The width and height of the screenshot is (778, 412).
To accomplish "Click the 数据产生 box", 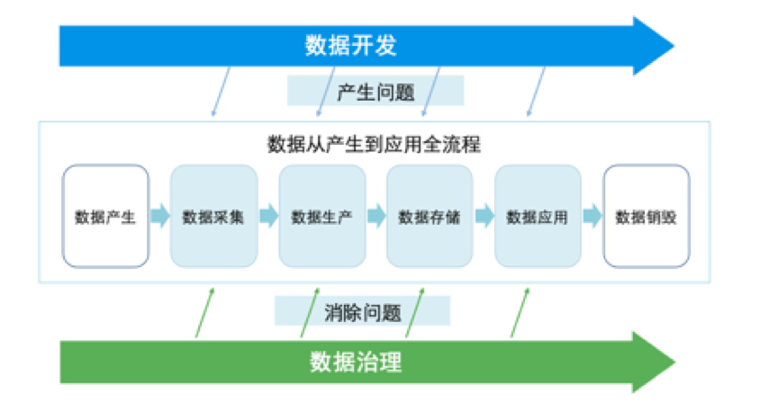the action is [x=105, y=216].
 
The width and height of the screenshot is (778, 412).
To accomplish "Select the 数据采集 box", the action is [x=213, y=216].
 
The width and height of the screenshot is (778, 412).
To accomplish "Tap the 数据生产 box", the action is [x=322, y=216].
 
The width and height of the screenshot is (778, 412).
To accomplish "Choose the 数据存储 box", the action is [x=430, y=216].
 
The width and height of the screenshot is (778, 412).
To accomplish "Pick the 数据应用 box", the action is [x=538, y=216].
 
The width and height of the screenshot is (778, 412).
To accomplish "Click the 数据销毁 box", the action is [x=647, y=216].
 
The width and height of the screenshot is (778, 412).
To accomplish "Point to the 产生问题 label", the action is [x=375, y=93].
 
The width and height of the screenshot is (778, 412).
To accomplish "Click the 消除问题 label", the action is [x=363, y=312].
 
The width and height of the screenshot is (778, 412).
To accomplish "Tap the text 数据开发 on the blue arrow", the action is [x=350, y=45].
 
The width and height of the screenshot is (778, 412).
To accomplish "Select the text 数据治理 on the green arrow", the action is [x=356, y=362].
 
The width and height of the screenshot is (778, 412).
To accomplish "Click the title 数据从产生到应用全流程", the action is [x=374, y=144].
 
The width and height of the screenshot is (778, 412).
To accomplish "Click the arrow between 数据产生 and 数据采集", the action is [x=160, y=216].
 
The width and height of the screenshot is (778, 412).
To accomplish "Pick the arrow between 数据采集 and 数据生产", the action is [x=268, y=216].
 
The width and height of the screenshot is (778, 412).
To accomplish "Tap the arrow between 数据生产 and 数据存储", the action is [x=376, y=216].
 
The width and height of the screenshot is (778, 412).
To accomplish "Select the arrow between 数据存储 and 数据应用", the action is [x=484, y=216].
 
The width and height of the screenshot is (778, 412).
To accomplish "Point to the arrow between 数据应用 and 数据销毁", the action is [x=593, y=216].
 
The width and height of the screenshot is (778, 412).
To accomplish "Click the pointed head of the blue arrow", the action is [x=674, y=46].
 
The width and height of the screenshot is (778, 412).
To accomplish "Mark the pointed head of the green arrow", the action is [x=674, y=362].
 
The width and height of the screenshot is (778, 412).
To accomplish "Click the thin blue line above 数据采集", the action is [x=221, y=92].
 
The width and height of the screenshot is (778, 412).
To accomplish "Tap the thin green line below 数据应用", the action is [x=520, y=312].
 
